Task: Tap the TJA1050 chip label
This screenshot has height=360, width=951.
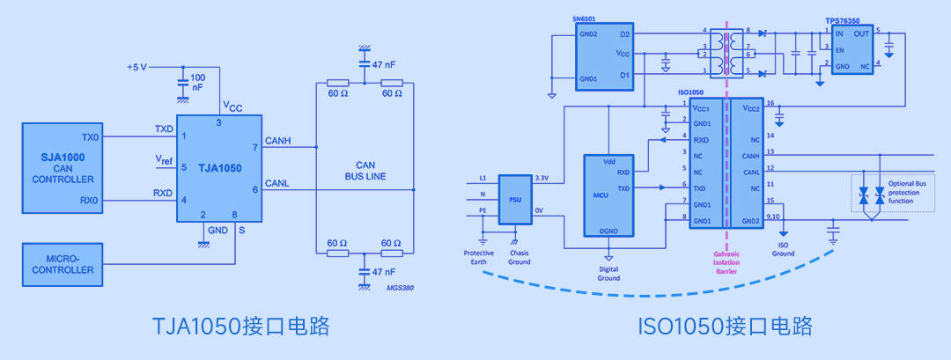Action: (219, 167)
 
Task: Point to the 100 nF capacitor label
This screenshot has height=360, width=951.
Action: (197, 82)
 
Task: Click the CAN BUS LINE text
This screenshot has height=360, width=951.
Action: (365, 170)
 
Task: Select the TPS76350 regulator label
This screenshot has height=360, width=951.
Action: (843, 18)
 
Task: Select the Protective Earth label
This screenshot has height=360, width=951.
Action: (479, 258)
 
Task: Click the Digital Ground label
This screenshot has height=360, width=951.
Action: (608, 273)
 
